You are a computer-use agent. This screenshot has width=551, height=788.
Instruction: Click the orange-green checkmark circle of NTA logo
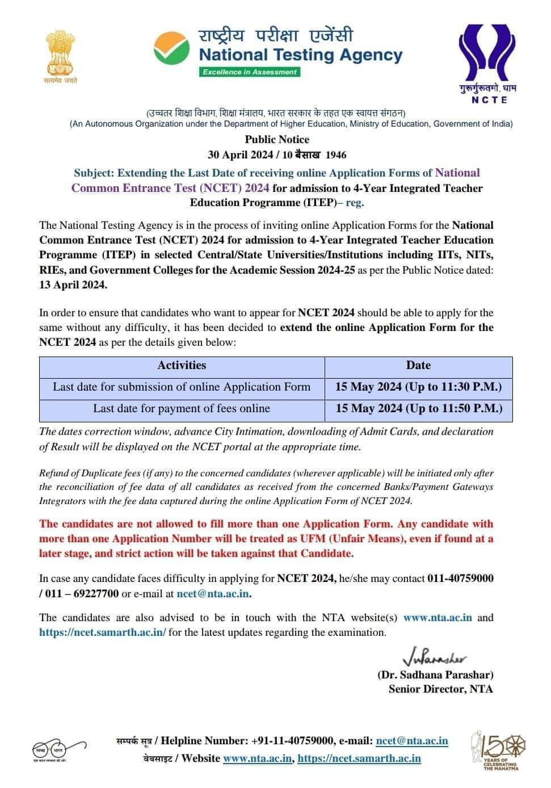coord(173,48)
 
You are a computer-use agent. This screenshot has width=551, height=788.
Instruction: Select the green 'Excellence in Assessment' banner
coord(250,72)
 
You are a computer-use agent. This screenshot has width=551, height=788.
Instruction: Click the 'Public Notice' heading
coord(277,140)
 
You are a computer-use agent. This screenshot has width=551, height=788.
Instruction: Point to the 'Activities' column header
coord(182,366)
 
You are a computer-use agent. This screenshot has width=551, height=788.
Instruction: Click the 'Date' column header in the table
coord(418,366)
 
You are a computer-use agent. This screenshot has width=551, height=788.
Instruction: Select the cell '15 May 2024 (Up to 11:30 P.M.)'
coord(418,387)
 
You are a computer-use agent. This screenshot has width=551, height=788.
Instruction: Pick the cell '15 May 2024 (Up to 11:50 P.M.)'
coord(418,409)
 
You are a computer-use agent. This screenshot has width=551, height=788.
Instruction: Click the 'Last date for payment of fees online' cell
coord(182,409)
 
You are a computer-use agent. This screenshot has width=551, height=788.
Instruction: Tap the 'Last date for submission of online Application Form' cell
coord(182,387)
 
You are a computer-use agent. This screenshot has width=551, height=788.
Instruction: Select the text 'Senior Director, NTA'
coord(441,689)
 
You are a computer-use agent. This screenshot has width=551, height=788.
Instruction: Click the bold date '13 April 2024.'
coord(73,285)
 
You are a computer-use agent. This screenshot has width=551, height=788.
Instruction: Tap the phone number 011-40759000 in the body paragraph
coord(460,579)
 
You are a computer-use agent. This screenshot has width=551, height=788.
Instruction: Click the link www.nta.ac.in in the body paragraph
coord(438,618)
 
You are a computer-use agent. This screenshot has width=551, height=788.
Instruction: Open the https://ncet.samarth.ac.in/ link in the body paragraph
coord(103,632)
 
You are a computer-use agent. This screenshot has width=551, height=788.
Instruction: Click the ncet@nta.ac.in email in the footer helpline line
coord(411,741)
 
